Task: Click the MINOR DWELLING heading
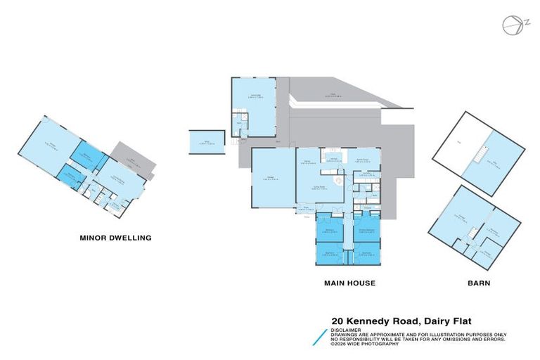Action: coord(115,238)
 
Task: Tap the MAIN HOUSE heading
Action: coord(349,283)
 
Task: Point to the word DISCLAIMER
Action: coord(346,329)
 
